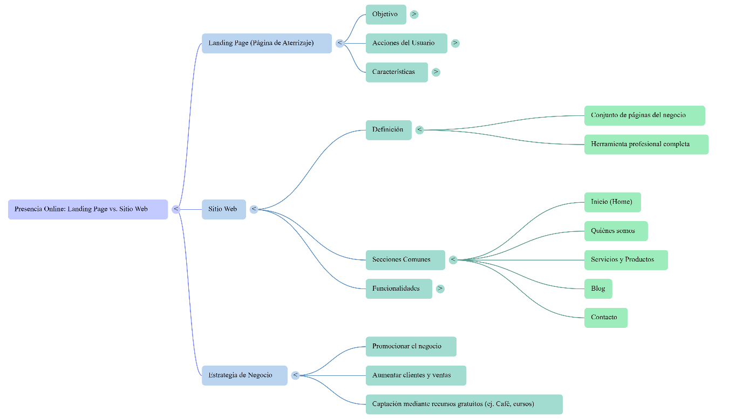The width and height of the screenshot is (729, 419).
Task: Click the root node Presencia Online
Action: tap(88, 209)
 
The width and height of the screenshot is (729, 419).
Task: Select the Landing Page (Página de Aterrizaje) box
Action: tap(267, 43)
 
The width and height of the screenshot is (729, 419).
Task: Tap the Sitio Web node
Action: tap(223, 209)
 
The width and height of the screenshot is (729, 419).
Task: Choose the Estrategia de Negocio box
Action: tap(244, 375)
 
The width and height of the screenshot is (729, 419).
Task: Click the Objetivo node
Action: tap(385, 15)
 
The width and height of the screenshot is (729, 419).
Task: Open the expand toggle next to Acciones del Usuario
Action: tap(455, 43)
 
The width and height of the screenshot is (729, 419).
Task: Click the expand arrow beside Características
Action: tap(436, 72)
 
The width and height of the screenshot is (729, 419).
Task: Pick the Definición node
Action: tap(388, 130)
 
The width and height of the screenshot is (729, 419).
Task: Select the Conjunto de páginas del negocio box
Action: tap(644, 115)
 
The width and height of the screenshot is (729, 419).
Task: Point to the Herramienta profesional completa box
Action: tap(646, 145)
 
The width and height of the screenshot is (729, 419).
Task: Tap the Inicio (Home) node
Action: tap(612, 202)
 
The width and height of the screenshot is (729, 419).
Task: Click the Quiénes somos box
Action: tap(616, 231)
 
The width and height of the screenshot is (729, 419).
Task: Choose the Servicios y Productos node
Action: tap(626, 260)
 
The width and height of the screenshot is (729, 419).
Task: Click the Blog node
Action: tap(598, 289)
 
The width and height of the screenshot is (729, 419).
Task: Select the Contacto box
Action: tap(605, 318)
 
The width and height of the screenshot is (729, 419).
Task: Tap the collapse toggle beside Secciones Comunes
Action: tap(453, 260)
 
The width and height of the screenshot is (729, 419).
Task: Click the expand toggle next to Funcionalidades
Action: tap(440, 289)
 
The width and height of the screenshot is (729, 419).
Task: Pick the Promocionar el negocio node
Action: tap(411, 347)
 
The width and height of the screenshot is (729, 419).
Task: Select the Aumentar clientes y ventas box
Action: tap(415, 375)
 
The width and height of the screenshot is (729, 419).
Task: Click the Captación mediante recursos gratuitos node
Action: tap(464, 404)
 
